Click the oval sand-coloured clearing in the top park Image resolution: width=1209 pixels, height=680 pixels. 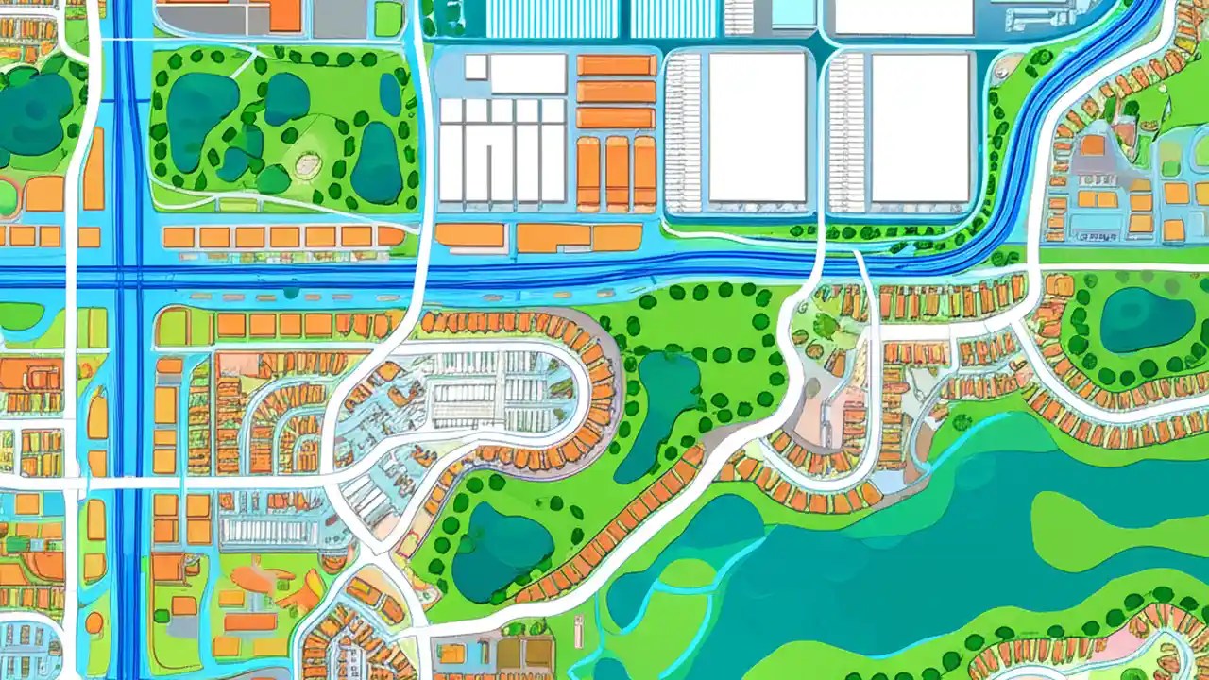click(309, 166)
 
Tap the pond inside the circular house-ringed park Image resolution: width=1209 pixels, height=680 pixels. click(1146, 319)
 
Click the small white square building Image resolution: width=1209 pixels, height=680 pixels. click(475, 67)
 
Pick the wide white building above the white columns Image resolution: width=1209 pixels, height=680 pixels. click(527, 74)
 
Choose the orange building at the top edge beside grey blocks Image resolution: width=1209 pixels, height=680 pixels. click(284, 15)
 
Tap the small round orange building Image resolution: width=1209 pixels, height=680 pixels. click(94, 622)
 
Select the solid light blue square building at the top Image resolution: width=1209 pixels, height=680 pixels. click(793, 11)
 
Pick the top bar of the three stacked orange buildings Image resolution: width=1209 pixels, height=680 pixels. click(616, 65)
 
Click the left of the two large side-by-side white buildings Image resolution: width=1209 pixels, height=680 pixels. click(757, 127)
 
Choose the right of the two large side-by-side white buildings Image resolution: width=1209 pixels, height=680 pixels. click(920, 127)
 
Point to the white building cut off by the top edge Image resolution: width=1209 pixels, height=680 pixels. click(903, 15)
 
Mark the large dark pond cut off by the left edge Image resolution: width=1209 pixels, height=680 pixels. click(33, 113)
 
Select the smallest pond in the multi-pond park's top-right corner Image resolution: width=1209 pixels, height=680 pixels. click(390, 94)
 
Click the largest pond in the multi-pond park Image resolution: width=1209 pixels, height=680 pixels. click(201, 109)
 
